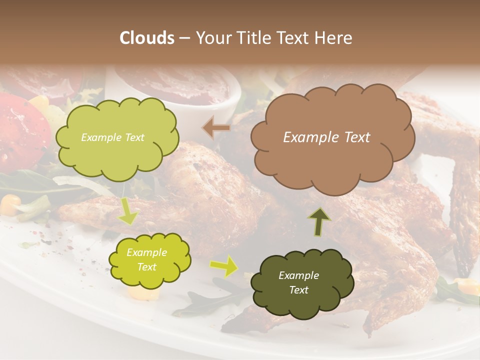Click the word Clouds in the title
[147, 38]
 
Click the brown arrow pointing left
[216, 128]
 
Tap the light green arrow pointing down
[128, 212]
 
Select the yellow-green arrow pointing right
[224, 266]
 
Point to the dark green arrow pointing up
[319, 221]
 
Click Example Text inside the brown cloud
[326, 137]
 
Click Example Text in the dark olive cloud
[298, 282]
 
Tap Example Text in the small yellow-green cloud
[146, 259]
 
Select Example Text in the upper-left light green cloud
[112, 137]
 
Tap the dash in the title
[184, 38]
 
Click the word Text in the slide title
[292, 38]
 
